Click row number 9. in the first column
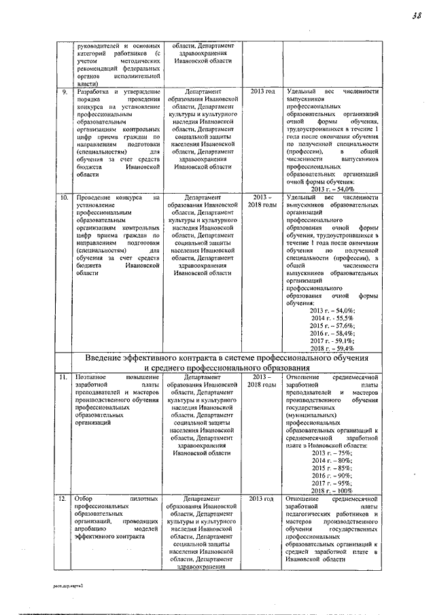(64, 91)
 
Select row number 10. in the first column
(64, 197)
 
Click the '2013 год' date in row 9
(262, 91)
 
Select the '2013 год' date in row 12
(262, 499)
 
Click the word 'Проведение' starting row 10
(95, 197)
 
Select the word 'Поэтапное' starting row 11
(92, 376)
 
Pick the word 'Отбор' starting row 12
(86, 499)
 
